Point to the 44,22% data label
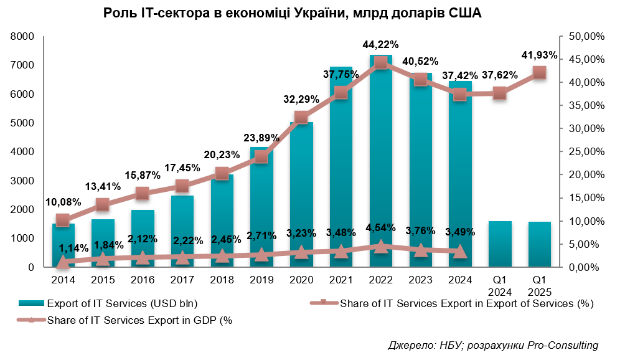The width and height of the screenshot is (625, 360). click(380, 44)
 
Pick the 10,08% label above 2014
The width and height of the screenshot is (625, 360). click(63, 202)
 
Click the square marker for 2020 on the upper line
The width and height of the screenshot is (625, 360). click(301, 118)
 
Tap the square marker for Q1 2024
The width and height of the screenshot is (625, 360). click(499, 93)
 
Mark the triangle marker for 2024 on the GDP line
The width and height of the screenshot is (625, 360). click(459, 252)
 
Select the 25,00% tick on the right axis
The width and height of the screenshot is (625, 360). click(587, 152)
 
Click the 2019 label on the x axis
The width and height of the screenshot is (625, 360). click(261, 280)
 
